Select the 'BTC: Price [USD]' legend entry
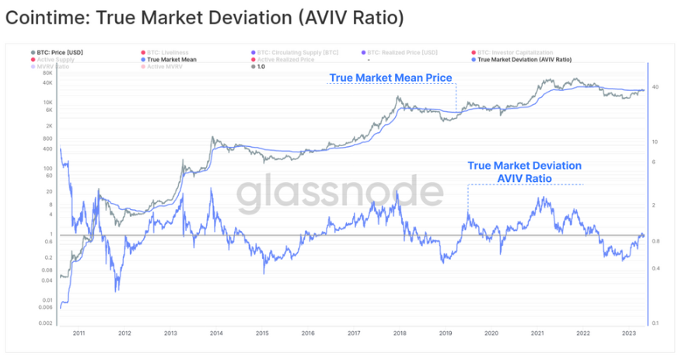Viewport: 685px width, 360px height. coord(60,52)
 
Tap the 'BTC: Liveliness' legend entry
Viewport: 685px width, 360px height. coord(166,52)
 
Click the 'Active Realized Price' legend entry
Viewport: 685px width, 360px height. coord(285,59)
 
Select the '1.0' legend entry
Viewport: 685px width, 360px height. coord(261,67)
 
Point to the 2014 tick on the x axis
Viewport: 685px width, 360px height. coord(216,333)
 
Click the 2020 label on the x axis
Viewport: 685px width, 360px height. coord(491,333)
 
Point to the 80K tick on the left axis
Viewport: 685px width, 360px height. coord(47,73)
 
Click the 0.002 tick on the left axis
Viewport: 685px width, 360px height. coord(44,323)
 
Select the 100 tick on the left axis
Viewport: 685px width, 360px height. coord(47,168)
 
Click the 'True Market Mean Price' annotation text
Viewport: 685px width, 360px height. coord(390,78)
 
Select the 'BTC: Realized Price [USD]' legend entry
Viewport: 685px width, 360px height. coord(402,52)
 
